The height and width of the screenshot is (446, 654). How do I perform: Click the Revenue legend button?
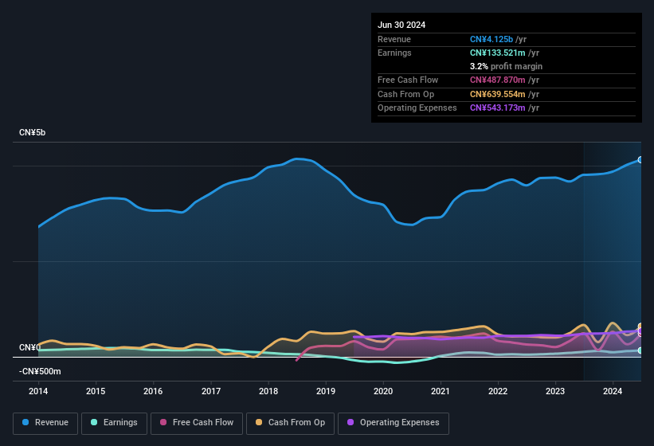click(45, 422)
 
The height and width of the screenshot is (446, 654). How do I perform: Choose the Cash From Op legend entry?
click(290, 422)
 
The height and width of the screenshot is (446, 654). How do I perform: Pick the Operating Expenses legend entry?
click(393, 422)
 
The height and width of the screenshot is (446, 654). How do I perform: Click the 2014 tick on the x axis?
click(38, 391)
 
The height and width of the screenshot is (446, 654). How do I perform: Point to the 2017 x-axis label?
click(211, 391)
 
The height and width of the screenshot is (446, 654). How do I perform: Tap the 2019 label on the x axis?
click(326, 391)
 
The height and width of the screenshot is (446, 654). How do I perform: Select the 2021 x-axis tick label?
click(441, 391)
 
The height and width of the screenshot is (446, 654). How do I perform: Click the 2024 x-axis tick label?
click(613, 391)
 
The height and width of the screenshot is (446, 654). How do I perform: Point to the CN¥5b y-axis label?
click(33, 132)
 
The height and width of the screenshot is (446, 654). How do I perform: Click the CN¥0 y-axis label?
click(29, 348)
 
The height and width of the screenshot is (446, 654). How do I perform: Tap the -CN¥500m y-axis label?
click(40, 371)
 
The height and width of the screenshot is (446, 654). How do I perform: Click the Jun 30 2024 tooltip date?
click(401, 25)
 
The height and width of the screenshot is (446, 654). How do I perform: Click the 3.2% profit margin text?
click(506, 66)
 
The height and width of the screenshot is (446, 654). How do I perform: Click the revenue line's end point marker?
click(640, 160)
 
